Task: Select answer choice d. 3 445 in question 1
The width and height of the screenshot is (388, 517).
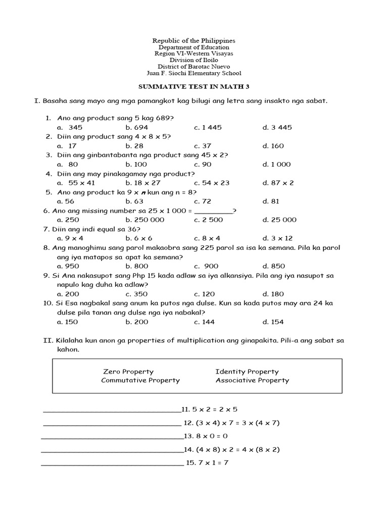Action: point(277,128)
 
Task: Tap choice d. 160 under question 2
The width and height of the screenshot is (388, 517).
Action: point(273,146)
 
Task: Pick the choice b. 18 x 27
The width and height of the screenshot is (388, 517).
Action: point(143,183)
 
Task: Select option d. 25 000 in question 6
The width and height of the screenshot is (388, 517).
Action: point(279,220)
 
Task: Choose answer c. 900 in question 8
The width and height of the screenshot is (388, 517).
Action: point(206,266)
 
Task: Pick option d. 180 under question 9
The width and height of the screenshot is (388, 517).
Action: point(273,294)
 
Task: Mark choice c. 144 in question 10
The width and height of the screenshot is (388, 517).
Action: point(204,322)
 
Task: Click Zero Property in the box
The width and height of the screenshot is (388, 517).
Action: point(128,372)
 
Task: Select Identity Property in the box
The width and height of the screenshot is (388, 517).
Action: point(247,372)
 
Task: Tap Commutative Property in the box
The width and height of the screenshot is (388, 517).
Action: point(140,380)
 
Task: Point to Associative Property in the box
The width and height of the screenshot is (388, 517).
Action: point(252,380)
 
